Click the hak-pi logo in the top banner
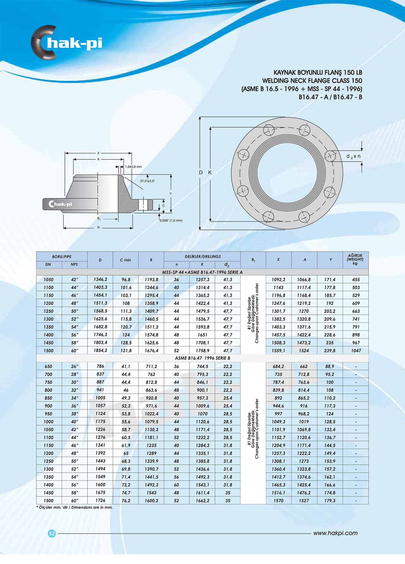click(x=67, y=43)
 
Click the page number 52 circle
click(x=52, y=533)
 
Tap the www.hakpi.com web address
click(x=335, y=533)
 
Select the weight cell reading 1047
click(x=356, y=351)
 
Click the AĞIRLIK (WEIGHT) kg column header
click(x=355, y=259)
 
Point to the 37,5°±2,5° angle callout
click(x=147, y=181)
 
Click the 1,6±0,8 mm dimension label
click(x=133, y=167)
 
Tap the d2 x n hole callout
click(x=353, y=157)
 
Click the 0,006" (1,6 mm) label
click(x=171, y=221)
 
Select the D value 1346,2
click(x=100, y=280)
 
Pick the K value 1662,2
click(x=202, y=501)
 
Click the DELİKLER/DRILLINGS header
click(x=202, y=257)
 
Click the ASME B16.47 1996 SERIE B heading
click(x=202, y=358)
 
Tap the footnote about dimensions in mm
click(x=75, y=507)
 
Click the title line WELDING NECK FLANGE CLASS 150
click(x=312, y=81)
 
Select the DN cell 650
click(x=48, y=367)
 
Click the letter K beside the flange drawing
click(x=210, y=172)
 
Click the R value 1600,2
click(x=151, y=501)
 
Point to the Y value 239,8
click(x=330, y=351)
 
